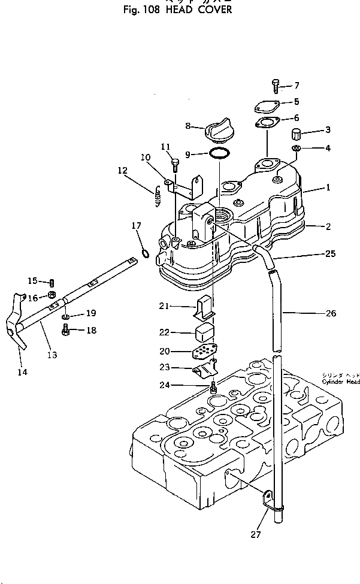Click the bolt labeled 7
276,86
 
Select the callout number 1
328,188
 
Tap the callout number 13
52,355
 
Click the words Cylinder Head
340,382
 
